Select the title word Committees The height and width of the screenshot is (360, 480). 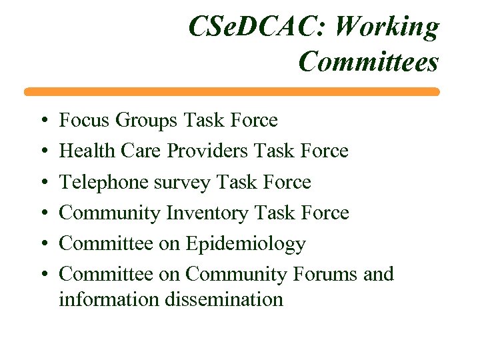369,62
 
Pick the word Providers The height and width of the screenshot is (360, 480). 207,151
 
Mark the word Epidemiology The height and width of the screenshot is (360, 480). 245,245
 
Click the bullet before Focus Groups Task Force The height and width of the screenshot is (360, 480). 41,121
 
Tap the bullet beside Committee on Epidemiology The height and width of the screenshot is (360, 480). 41,245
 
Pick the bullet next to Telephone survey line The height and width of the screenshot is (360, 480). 41,183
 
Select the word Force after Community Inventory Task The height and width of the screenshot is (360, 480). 323,213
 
